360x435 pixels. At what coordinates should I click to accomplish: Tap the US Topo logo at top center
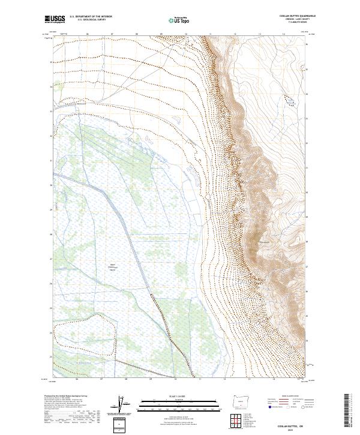(178, 20)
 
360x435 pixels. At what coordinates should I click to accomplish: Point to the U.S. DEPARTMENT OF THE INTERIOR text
(91, 17)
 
